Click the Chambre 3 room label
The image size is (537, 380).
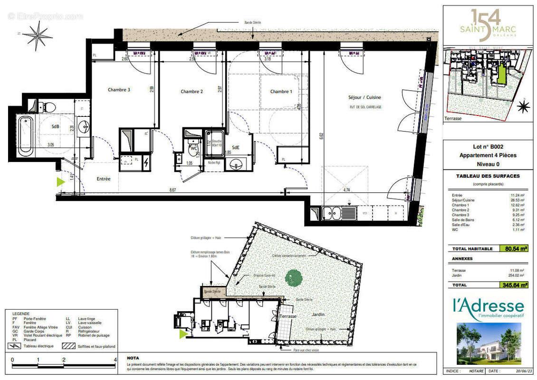tap(119, 90)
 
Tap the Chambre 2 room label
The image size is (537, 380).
tap(192, 92)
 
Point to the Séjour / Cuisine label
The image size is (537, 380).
tap(364, 97)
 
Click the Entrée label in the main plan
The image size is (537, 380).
tap(103, 179)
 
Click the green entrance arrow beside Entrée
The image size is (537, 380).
tap(60, 181)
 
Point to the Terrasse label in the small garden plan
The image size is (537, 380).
tap(288, 316)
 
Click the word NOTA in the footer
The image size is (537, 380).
tap(133, 358)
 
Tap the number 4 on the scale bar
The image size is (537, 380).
tap(115, 360)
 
